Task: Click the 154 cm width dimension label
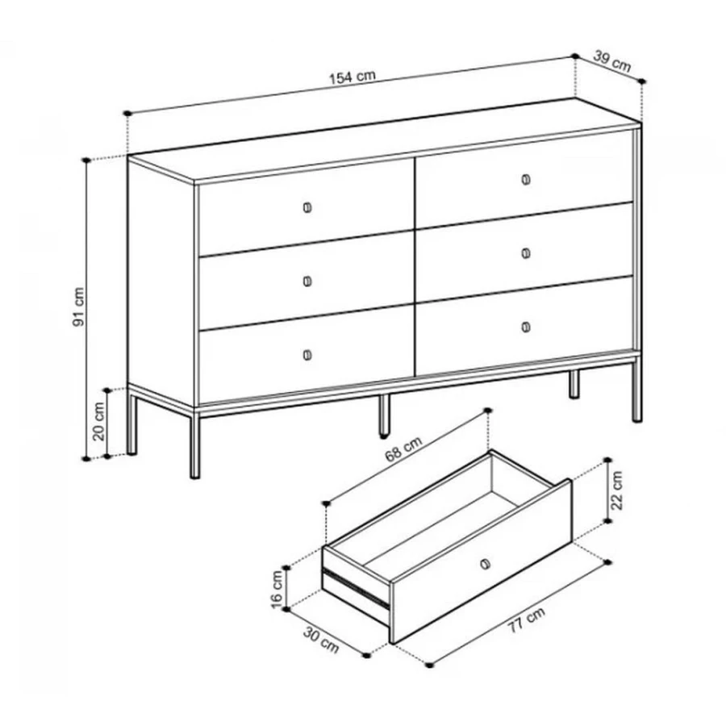(353, 77)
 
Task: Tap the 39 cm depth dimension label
(612, 61)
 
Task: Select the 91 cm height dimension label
(79, 307)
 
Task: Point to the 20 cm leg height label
(99, 421)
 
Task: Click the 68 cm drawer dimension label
(404, 449)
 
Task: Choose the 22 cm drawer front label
(617, 490)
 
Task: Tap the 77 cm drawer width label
(527, 620)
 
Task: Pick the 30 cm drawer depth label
(321, 640)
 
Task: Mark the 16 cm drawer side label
(276, 589)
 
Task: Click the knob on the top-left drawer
(307, 207)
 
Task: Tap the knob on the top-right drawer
(526, 179)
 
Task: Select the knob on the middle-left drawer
(307, 281)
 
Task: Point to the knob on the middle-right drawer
(526, 252)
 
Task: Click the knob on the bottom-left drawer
(307, 355)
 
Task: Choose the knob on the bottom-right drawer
(526, 327)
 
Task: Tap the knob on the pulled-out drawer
(486, 564)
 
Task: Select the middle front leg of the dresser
(384, 415)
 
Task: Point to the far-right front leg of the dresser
(637, 389)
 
